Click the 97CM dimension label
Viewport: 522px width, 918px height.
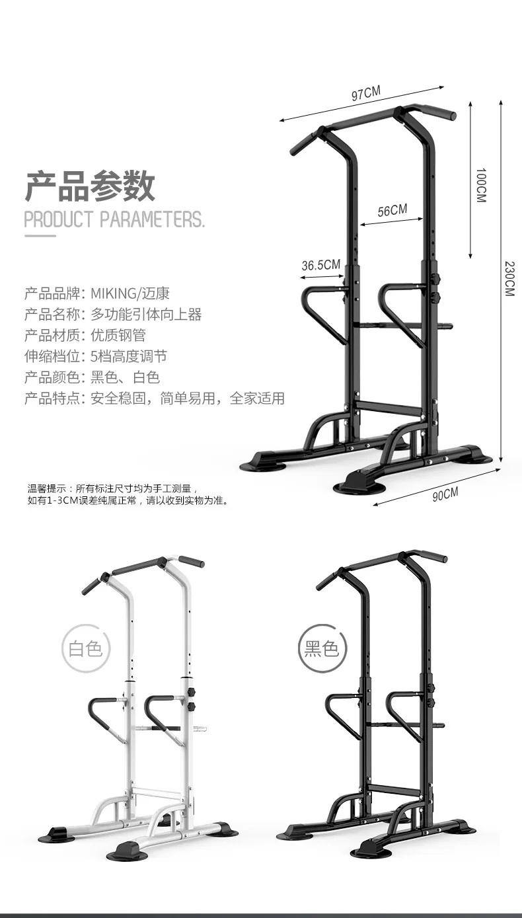pos(365,94)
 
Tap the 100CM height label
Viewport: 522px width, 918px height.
pos(480,185)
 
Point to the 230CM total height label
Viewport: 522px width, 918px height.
pos(509,278)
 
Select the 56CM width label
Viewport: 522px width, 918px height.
pos(392,211)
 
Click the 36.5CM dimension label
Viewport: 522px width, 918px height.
pos(320,266)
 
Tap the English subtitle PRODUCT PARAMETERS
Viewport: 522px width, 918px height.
pos(114,219)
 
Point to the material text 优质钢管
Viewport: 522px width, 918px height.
pos(123,335)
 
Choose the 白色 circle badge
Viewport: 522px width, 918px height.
pos(85,647)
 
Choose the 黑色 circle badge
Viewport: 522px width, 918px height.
pos(322,647)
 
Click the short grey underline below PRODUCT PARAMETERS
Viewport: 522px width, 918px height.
pos(40,235)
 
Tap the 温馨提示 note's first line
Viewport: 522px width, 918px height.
pos(113,488)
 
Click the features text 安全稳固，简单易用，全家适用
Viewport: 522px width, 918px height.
pos(188,399)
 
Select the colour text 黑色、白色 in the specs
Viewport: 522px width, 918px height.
pos(125,377)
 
